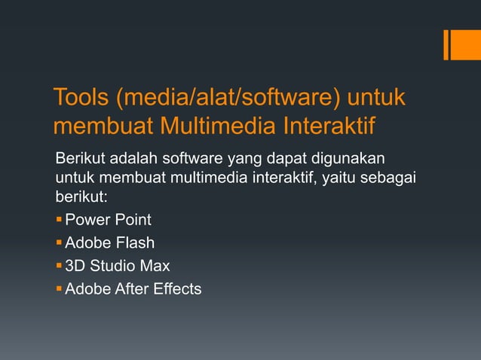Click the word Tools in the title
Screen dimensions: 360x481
(x=78, y=98)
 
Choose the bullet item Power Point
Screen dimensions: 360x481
(x=108, y=220)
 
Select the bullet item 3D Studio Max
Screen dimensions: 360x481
(x=117, y=265)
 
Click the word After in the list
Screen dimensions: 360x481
(x=131, y=288)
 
